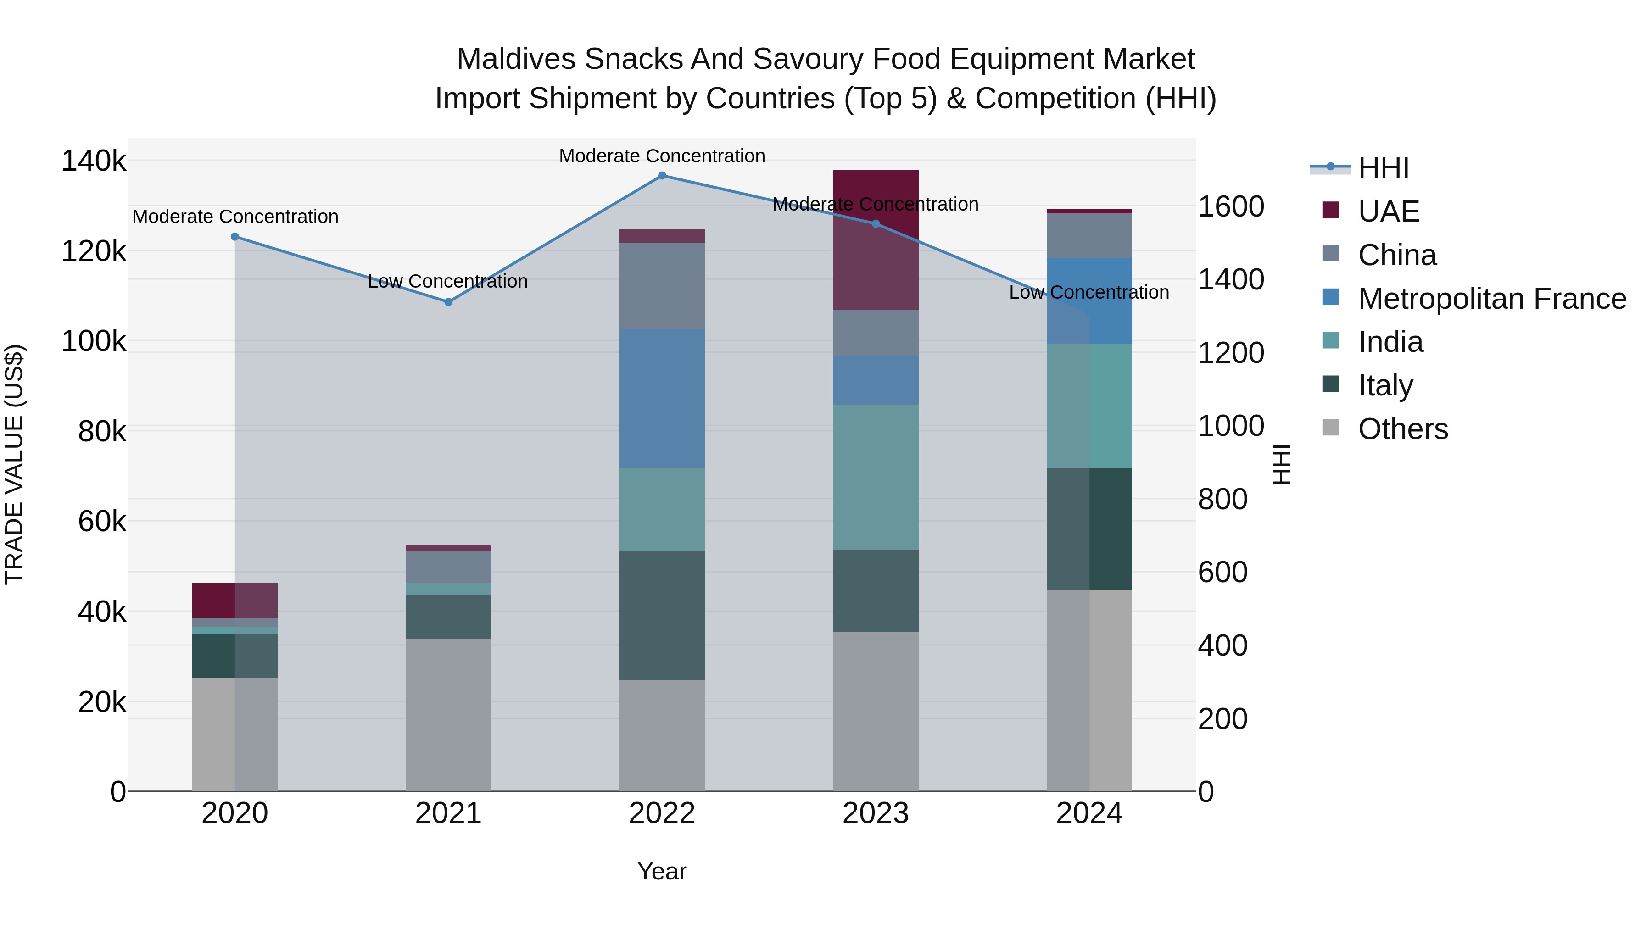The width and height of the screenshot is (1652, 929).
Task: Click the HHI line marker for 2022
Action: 662,176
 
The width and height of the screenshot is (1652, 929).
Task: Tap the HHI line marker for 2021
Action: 448,302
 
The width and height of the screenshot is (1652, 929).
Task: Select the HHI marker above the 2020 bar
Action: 234,237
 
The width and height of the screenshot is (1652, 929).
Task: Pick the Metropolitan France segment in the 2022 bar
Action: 662,399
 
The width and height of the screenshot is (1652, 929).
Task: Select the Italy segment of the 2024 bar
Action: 1089,529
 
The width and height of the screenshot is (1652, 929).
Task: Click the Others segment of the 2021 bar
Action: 448,714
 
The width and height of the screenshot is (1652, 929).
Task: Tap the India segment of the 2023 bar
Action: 876,477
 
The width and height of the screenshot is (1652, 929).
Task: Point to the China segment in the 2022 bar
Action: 662,286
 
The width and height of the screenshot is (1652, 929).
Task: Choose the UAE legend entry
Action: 1389,211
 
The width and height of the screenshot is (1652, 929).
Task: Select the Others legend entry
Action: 1402,429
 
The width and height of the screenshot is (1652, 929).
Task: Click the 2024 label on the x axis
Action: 1089,813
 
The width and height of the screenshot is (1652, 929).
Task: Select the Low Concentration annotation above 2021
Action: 447,282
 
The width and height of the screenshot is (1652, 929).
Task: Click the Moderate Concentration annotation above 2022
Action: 662,156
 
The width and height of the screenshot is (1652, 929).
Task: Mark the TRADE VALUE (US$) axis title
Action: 15,464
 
